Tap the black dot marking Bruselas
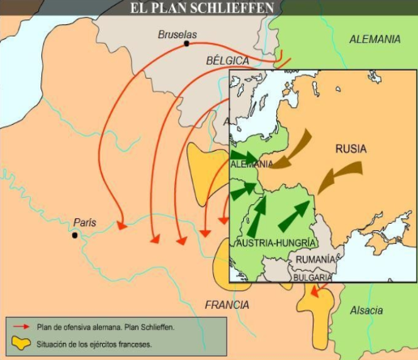(187, 44)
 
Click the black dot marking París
(75, 235)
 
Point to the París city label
(84, 221)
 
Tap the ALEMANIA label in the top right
(374, 39)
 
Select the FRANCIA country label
(228, 305)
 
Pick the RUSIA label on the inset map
(351, 149)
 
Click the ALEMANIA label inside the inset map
(251, 164)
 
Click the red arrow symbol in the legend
(21, 328)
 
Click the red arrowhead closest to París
(122, 226)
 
